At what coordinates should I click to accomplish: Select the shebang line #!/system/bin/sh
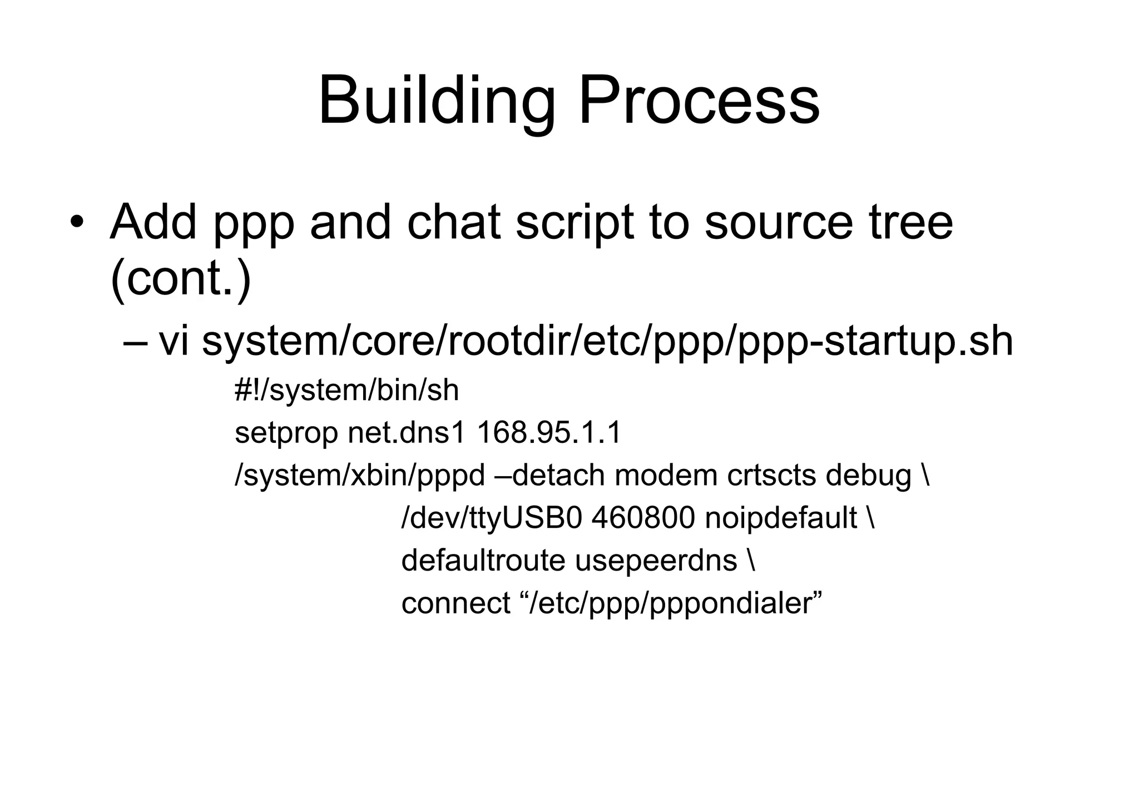346,390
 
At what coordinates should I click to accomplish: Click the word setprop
286,433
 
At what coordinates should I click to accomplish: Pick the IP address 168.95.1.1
549,433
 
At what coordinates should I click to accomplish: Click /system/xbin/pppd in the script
360,476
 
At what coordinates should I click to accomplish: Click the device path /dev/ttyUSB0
491,518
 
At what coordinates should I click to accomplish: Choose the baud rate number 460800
643,518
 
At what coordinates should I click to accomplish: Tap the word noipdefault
781,518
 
